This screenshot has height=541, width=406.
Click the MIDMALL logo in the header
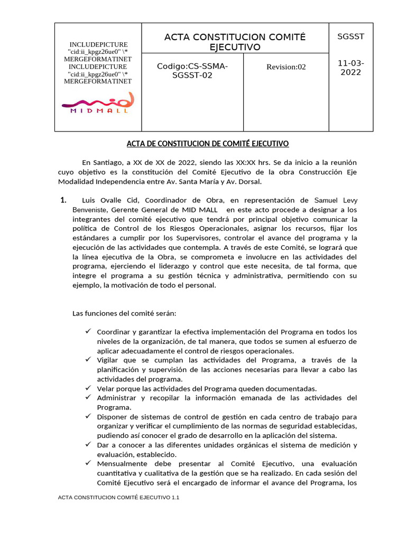click(98, 103)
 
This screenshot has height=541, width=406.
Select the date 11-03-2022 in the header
click(350, 68)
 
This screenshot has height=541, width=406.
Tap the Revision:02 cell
click(285, 67)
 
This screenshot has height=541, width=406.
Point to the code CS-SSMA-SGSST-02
click(192, 71)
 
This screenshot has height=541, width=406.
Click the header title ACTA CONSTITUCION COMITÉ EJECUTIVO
click(235, 42)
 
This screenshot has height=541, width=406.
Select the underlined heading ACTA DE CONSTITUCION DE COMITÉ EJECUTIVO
click(207, 144)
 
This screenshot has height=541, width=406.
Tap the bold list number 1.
click(63, 200)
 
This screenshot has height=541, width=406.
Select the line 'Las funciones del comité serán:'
click(124, 313)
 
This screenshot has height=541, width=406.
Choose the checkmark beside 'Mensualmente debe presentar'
click(88, 463)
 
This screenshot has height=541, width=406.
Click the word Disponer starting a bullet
click(112, 416)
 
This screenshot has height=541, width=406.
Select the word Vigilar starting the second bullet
click(109, 360)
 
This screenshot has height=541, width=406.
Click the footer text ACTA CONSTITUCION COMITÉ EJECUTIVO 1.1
click(119, 498)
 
